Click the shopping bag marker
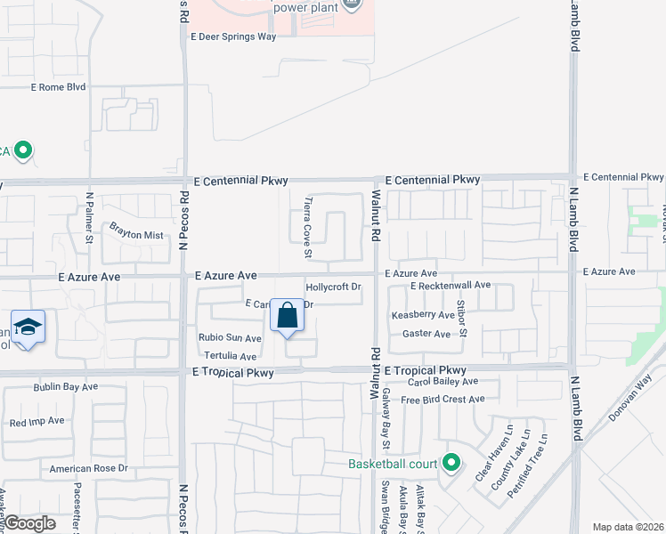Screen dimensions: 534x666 (x=287, y=316)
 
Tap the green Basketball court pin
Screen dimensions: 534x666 (x=451, y=462)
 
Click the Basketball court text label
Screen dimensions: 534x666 (x=394, y=464)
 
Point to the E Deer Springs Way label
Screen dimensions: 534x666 (x=233, y=37)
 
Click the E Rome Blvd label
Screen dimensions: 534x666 (x=58, y=87)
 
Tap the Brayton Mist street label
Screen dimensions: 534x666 (x=136, y=235)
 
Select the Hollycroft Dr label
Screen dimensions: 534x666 (x=333, y=287)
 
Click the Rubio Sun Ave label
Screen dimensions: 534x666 (x=230, y=338)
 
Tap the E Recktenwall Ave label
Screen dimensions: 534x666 (x=451, y=285)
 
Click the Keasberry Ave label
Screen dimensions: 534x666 (x=423, y=315)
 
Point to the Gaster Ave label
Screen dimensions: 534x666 (x=426, y=334)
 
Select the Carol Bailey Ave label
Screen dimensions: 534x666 (x=443, y=381)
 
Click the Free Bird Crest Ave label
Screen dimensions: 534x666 (x=442, y=400)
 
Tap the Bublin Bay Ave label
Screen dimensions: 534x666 (x=65, y=388)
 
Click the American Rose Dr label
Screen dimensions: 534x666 (x=89, y=468)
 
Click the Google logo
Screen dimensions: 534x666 (x=30, y=523)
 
